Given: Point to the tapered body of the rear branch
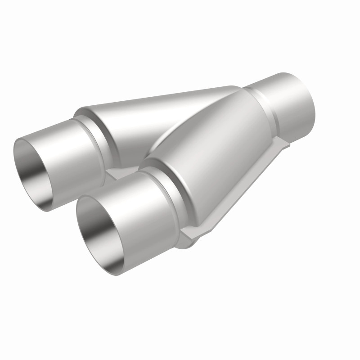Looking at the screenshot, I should (148, 117).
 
